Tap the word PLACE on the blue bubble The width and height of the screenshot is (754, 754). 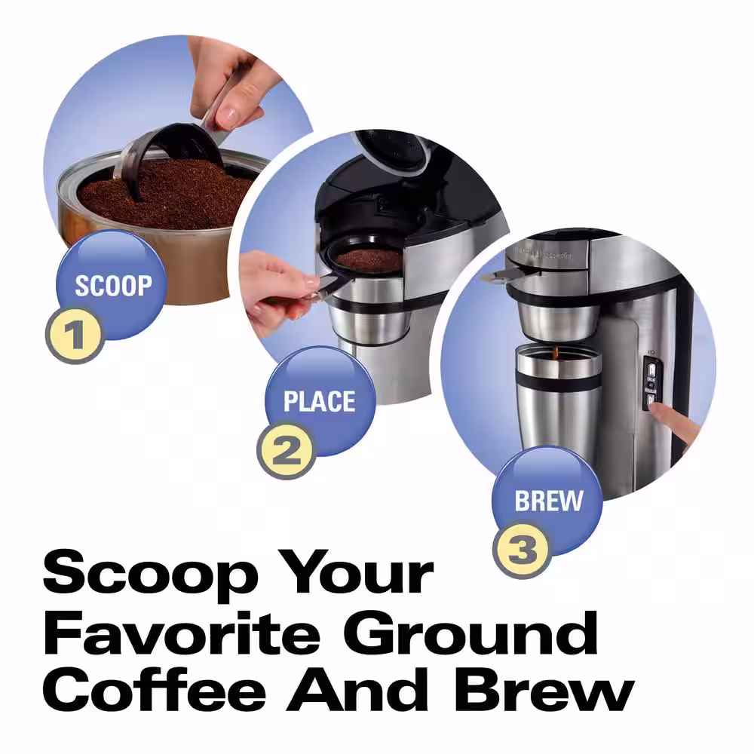pyautogui.click(x=319, y=401)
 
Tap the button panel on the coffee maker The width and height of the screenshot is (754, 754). pyautogui.click(x=649, y=385)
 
